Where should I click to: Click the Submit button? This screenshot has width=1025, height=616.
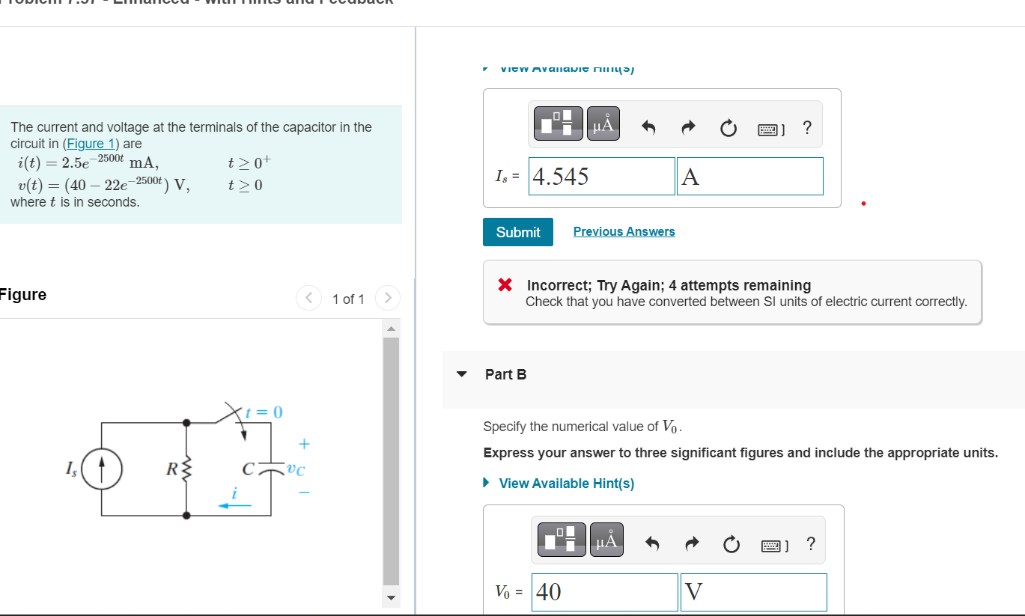(517, 232)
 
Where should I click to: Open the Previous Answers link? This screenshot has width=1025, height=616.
(624, 231)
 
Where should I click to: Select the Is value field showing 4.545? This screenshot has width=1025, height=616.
(601, 177)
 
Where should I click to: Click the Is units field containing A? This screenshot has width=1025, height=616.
(749, 177)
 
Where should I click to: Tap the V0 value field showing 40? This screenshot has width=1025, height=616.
(604, 592)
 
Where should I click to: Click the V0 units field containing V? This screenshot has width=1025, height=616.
(753, 592)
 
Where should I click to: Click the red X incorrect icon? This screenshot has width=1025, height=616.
(505, 285)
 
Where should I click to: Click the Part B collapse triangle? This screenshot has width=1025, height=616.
(462, 374)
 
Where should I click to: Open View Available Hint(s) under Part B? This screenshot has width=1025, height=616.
(566, 484)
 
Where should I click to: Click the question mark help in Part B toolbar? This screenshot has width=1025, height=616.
(811, 543)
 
